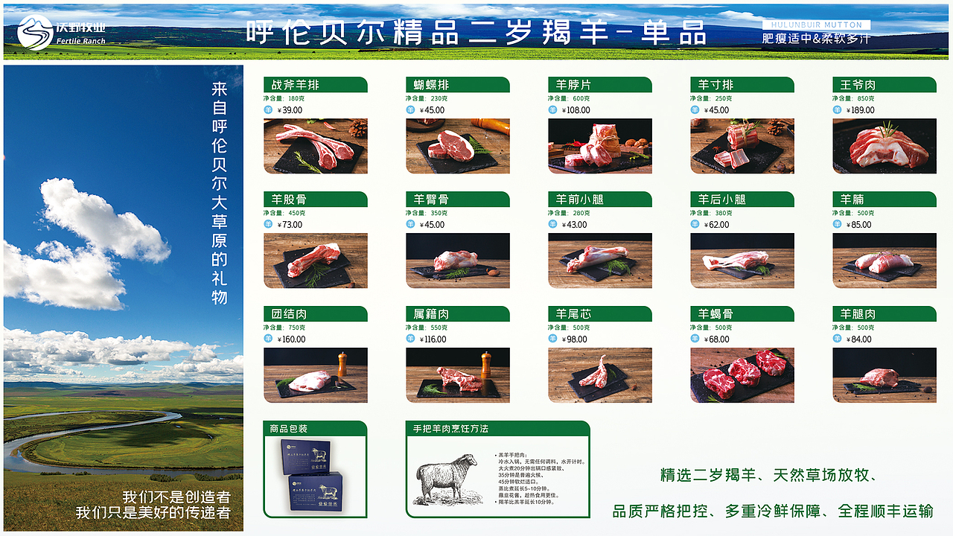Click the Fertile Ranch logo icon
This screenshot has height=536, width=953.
pos(35,32)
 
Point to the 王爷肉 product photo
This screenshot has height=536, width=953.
pos(885,146)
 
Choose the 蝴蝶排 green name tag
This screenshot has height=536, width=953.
pos(457,85)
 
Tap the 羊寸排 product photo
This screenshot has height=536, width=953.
pos(742,146)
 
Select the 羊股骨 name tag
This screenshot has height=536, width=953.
pos(315,200)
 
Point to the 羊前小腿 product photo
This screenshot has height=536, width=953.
pos(599,261)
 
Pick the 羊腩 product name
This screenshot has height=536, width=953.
pos(852,200)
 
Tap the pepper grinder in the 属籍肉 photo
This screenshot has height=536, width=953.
pos(486,364)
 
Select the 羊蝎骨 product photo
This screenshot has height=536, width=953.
pos(742,375)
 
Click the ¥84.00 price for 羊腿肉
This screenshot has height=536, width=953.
pos(858,339)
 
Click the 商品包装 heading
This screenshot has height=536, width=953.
pos(289,429)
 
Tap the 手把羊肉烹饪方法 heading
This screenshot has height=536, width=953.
pos(451,429)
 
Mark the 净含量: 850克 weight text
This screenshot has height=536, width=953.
pos(854,98)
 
